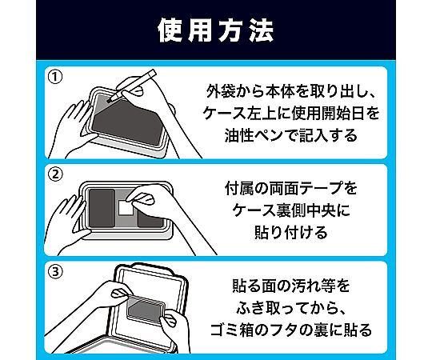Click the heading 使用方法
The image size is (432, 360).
tap(216, 30)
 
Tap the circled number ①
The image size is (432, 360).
tap(55, 77)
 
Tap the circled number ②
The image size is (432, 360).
tap(55, 174)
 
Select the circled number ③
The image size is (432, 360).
tap(55, 272)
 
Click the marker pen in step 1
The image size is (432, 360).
tap(131, 86)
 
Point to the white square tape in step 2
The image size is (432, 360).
tap(126, 207)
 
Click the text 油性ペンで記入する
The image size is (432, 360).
tap(291, 135)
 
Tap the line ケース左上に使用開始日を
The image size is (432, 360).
tap(291, 114)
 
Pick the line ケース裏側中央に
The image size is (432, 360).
tap(291, 210)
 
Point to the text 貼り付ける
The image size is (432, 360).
tap(291, 233)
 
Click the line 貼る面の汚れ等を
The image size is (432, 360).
tap(291, 286)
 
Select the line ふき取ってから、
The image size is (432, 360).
tap(291, 308)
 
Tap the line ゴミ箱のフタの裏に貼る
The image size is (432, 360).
tap(291, 330)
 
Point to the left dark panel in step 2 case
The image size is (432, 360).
tap(102, 208)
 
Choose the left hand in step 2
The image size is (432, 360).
tap(69, 225)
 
